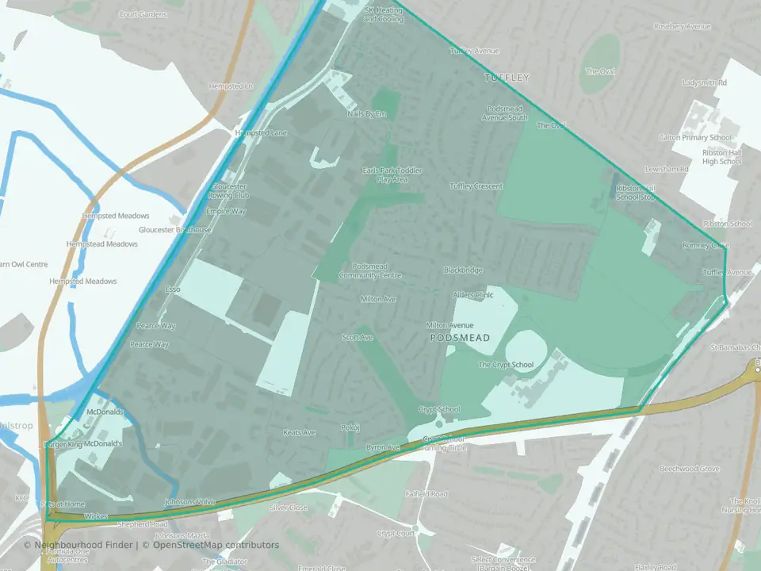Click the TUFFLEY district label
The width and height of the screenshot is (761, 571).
click(x=507, y=78)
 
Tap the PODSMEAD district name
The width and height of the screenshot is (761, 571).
click(x=460, y=338)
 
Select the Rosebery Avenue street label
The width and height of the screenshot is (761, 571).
click(x=682, y=26)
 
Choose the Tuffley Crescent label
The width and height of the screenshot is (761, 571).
click(x=476, y=186)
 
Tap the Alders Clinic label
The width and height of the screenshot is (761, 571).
click(x=472, y=295)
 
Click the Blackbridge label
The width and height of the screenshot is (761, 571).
click(x=463, y=270)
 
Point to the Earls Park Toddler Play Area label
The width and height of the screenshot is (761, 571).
click(x=392, y=175)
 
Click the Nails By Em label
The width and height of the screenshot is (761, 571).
click(x=366, y=114)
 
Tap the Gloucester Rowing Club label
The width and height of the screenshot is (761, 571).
click(x=228, y=190)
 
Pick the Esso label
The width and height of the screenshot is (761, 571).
click(x=173, y=289)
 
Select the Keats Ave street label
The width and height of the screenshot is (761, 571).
click(x=300, y=432)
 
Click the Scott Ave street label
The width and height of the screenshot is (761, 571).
click(x=357, y=338)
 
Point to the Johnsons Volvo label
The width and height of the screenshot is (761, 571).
click(x=189, y=502)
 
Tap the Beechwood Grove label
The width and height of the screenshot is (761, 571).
click(x=690, y=469)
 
